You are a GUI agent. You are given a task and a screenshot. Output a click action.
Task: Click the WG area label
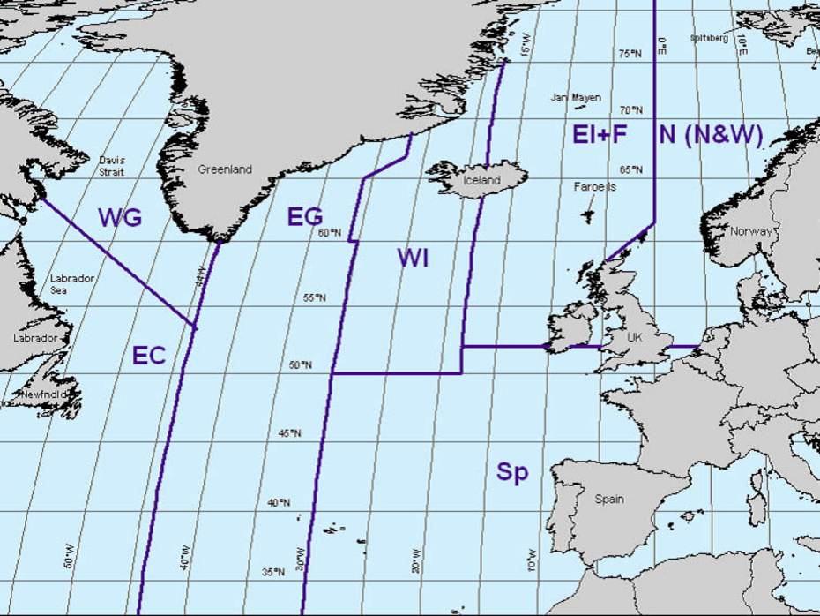pyautogui.click(x=120, y=218)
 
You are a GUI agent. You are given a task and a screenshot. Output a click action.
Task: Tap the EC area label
pyautogui.click(x=149, y=356)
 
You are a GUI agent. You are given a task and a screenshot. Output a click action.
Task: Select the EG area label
pyautogui.click(x=305, y=217)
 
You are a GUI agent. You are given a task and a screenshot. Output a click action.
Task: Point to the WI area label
pyautogui.click(x=413, y=258)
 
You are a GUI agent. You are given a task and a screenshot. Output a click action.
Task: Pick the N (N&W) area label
pyautogui.click(x=711, y=135)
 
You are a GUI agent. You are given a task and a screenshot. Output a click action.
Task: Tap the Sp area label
pyautogui.click(x=512, y=472)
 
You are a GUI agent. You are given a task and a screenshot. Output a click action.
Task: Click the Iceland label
pyautogui.click(x=481, y=180)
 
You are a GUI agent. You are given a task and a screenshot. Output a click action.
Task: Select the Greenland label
pyautogui.click(x=224, y=169)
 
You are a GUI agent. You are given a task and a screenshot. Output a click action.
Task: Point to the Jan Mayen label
pyautogui.click(x=576, y=97)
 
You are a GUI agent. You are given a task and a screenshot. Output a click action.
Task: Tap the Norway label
pyautogui.click(x=750, y=231)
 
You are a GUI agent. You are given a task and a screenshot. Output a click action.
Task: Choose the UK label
pyautogui.click(x=637, y=337)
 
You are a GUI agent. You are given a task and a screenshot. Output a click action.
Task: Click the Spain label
pyautogui.click(x=609, y=500)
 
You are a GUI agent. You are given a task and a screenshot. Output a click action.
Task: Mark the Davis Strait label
pyautogui.click(x=112, y=167)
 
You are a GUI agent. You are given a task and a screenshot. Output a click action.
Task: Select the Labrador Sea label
pyautogui.click(x=72, y=283)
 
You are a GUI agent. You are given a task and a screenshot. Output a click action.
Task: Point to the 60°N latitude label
pyautogui.click(x=329, y=233)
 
